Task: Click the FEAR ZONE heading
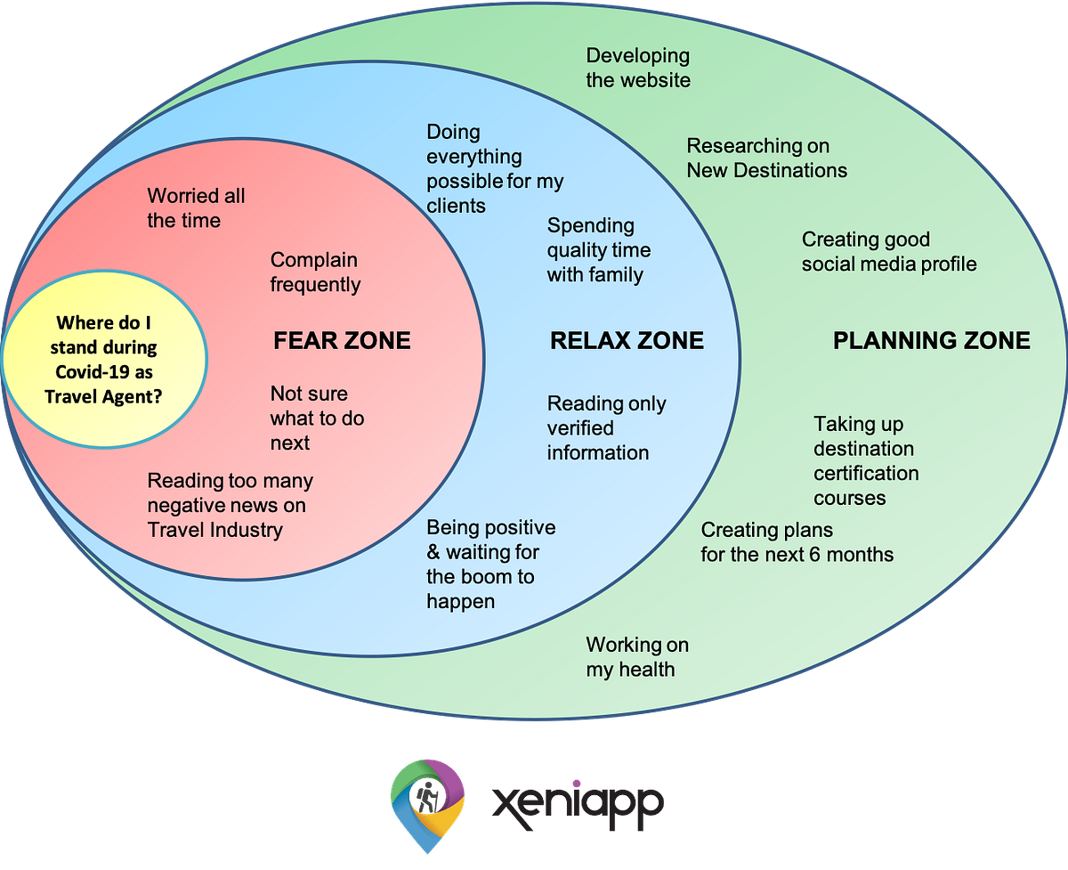click(x=342, y=340)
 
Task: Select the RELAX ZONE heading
click(x=627, y=340)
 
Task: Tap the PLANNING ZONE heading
click(x=931, y=340)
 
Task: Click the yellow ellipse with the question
click(x=105, y=360)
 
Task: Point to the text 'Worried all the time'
click(x=196, y=207)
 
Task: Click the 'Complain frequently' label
click(x=315, y=272)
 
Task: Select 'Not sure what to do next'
click(x=317, y=418)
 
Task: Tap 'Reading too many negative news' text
click(x=230, y=505)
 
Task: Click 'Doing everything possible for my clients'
click(x=494, y=169)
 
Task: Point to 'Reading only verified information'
click(x=606, y=428)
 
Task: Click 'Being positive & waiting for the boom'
click(x=490, y=565)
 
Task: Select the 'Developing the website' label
click(x=637, y=68)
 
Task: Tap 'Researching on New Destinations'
click(x=766, y=158)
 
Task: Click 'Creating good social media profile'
click(x=888, y=252)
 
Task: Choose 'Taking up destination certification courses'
click(x=865, y=461)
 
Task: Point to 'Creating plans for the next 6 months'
click(x=797, y=542)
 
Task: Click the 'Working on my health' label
click(x=636, y=656)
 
